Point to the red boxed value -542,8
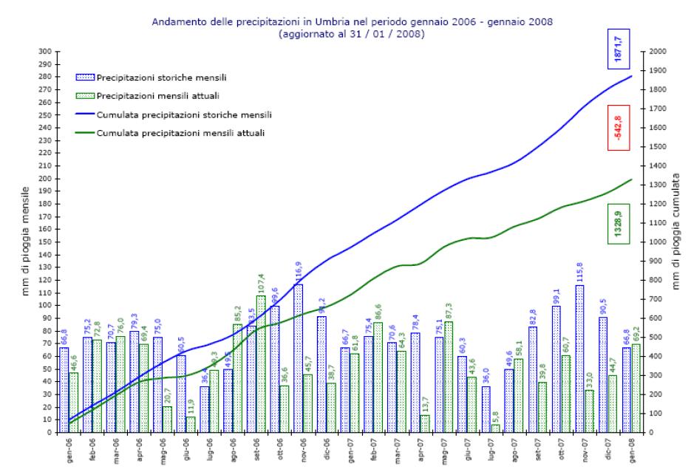click(619, 129)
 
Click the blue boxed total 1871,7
click(619, 51)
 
